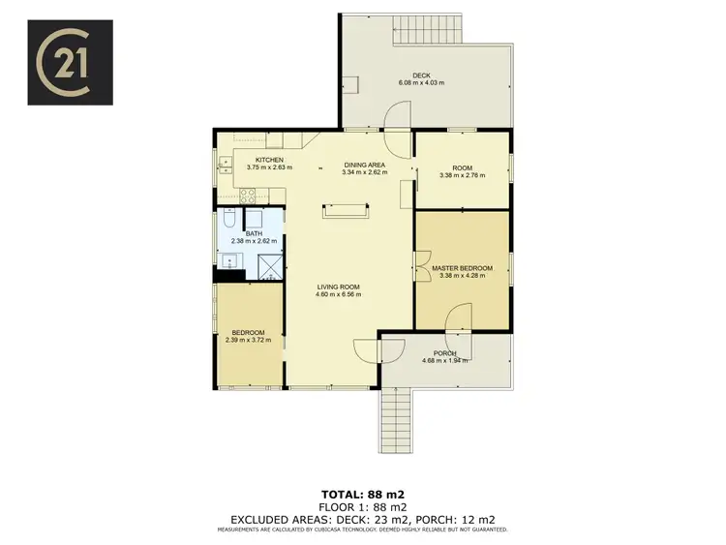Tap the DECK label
click(420, 75)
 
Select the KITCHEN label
click(268, 160)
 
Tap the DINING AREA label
click(365, 166)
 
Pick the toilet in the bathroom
click(226, 221)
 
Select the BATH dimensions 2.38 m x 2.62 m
click(254, 240)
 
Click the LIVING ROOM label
click(338, 287)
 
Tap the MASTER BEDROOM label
click(462, 268)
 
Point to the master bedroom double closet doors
click(421, 267)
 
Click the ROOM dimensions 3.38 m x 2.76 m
click(461, 175)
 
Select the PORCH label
click(444, 353)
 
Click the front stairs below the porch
click(397, 415)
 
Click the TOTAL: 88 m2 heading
click(362, 492)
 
